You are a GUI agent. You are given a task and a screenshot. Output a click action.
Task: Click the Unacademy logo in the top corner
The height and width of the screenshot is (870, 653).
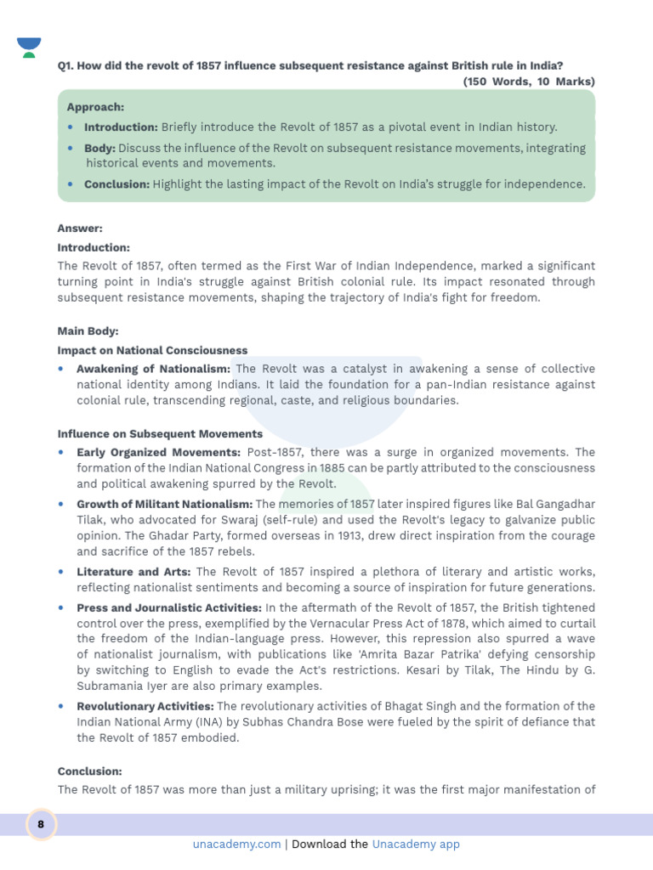(x=29, y=48)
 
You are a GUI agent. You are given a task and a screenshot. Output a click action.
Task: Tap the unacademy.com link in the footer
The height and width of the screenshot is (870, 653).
(x=236, y=845)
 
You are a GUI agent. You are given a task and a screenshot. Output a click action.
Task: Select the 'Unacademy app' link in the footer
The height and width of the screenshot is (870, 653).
(x=416, y=845)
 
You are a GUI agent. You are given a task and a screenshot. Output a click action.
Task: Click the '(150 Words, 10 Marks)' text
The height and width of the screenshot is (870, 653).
(x=529, y=82)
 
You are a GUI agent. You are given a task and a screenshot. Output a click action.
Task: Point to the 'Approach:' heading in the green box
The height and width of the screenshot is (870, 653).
(x=95, y=108)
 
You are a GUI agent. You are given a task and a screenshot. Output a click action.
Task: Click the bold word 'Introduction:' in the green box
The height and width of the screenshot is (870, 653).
(x=121, y=127)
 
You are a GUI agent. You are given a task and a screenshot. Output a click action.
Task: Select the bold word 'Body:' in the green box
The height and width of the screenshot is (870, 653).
(x=99, y=148)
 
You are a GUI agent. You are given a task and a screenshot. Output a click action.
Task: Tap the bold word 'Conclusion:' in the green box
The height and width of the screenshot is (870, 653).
(x=116, y=184)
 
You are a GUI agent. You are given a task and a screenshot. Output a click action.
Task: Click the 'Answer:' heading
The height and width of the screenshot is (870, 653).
(x=80, y=229)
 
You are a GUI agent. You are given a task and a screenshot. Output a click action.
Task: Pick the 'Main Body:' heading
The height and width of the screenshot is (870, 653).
(x=88, y=330)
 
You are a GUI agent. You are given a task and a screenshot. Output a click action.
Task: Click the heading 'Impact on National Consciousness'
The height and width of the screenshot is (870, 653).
(x=152, y=350)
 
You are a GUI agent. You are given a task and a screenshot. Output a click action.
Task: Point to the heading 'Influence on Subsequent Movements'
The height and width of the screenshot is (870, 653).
(x=160, y=433)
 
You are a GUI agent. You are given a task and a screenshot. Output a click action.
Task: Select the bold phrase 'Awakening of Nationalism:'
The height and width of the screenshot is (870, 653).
(x=153, y=369)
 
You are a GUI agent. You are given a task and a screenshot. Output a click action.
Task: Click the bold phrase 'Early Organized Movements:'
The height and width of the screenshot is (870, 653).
(x=158, y=452)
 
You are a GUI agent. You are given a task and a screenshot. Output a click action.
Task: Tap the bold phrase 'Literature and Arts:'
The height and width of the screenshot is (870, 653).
(x=133, y=572)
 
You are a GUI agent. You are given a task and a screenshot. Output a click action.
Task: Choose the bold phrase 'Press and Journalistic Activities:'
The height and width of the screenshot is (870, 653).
(x=169, y=607)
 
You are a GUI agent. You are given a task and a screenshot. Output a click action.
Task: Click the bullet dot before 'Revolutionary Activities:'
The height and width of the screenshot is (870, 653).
(x=61, y=706)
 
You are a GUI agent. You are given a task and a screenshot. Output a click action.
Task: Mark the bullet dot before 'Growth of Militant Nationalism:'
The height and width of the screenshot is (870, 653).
(x=61, y=504)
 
